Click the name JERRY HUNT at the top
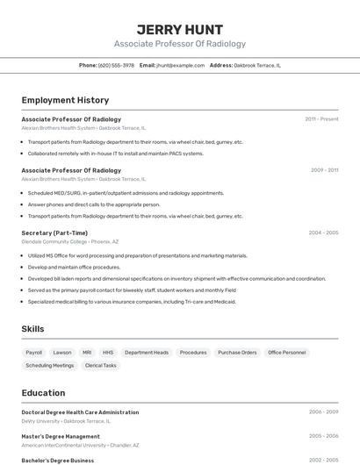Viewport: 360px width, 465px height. [x=179, y=29]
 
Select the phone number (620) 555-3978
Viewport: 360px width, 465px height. [x=116, y=65]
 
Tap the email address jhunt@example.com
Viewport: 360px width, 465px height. [x=180, y=65]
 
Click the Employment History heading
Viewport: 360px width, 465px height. [x=65, y=100]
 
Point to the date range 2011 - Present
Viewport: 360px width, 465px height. [x=321, y=119]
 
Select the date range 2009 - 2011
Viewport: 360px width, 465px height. [x=324, y=170]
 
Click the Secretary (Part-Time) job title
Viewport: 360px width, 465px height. [x=54, y=232]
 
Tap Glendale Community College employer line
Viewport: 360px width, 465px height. [x=69, y=241]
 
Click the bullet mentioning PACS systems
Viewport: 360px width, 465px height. [x=115, y=154]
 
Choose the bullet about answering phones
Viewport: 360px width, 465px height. [x=94, y=204]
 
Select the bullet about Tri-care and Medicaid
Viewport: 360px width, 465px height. [x=132, y=301]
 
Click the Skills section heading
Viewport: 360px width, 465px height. [x=32, y=329]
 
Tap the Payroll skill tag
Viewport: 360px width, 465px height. [x=34, y=352]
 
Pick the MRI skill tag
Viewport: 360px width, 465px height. [x=87, y=352]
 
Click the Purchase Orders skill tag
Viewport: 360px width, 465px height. [x=237, y=352]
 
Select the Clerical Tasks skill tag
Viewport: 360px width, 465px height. [x=100, y=365]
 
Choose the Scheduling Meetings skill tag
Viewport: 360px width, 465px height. [x=50, y=365]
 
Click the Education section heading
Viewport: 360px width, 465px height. [x=44, y=393]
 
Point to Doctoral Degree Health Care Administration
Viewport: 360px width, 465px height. [x=80, y=412]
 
